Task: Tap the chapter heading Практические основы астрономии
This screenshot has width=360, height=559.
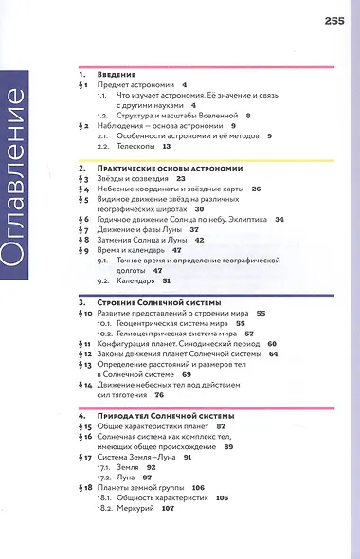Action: tap(157, 166)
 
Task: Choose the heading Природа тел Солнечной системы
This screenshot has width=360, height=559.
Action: tap(154, 416)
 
